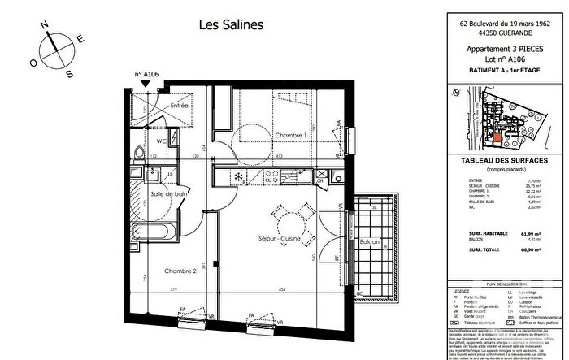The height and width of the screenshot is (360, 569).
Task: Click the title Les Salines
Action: [x=232, y=25]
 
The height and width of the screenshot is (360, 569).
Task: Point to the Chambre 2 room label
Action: [x=180, y=271]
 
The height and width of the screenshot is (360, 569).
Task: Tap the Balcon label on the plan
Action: [x=369, y=243]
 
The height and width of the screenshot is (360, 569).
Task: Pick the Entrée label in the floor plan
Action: [x=178, y=106]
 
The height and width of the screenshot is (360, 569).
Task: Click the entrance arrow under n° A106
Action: [x=146, y=83]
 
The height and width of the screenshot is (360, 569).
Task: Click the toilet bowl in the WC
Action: [x=141, y=154]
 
